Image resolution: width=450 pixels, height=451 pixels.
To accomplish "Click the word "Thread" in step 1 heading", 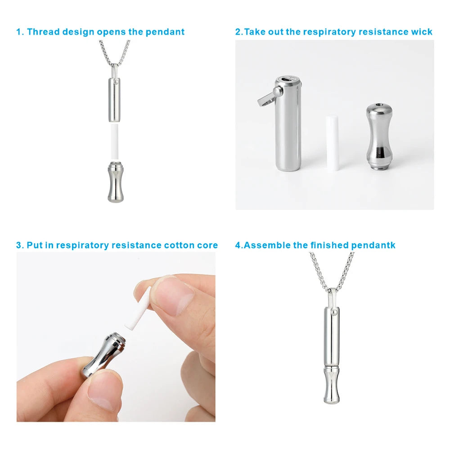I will tap(43, 32).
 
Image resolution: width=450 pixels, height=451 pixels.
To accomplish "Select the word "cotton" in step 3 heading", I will tap(180, 246).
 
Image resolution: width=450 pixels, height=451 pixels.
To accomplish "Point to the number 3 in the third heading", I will tap(19, 246).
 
